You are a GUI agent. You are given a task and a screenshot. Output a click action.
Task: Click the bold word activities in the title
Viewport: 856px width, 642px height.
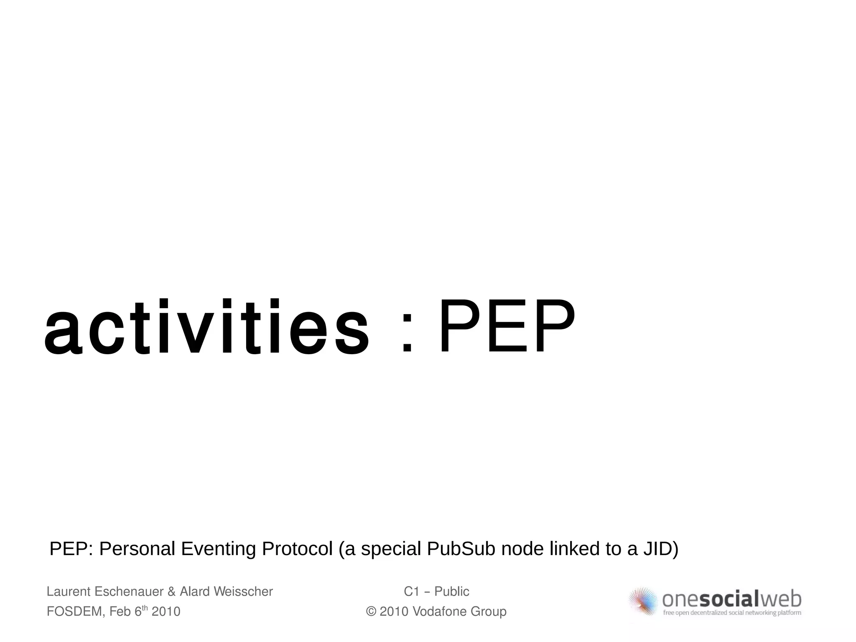pyautogui.click(x=206, y=328)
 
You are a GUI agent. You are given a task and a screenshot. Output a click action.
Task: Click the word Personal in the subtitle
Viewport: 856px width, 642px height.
pyautogui.click(x=137, y=549)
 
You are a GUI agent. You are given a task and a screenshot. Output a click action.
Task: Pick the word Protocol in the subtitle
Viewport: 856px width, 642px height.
pyautogui.click(x=297, y=549)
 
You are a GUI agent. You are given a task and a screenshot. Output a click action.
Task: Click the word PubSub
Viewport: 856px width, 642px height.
pyautogui.click(x=461, y=549)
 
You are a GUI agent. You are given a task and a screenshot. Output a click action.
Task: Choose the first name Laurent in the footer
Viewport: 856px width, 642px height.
pyautogui.click(x=69, y=591)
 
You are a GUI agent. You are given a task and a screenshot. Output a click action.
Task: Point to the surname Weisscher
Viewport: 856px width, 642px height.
pyautogui.click(x=243, y=591)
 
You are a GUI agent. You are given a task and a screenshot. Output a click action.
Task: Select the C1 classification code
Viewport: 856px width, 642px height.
pyautogui.click(x=412, y=591)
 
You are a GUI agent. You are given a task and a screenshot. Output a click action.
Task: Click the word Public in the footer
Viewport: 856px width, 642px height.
pyautogui.click(x=452, y=591)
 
